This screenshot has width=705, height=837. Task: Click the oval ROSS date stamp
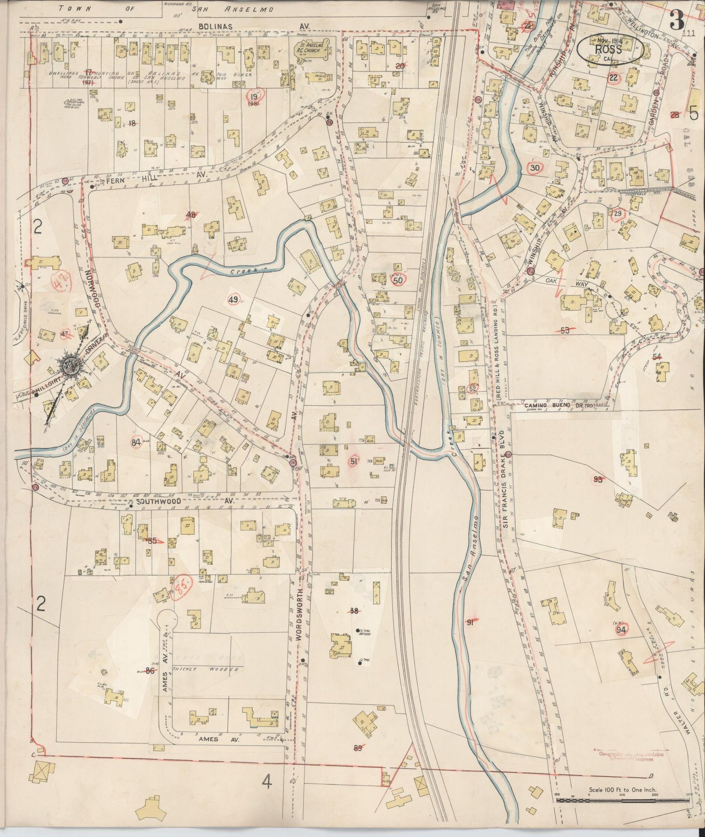610,50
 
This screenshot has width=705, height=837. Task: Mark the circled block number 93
598,480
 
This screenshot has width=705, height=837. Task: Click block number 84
137,442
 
